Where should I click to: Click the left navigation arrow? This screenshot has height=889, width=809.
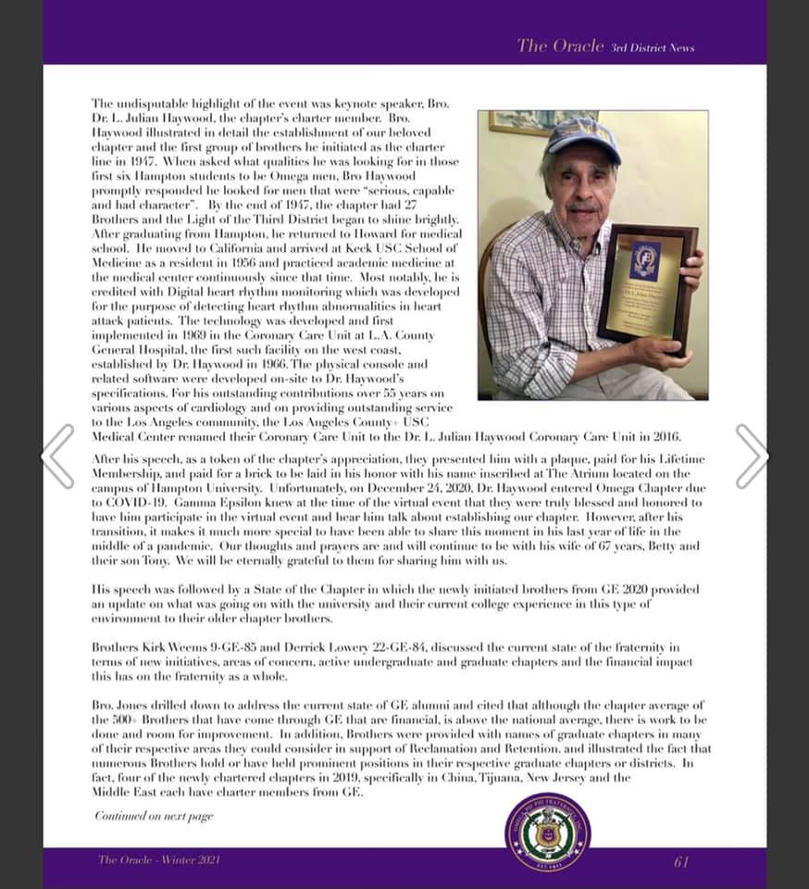pyautogui.click(x=57, y=456)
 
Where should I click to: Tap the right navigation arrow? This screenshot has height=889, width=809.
pyautogui.click(x=751, y=456)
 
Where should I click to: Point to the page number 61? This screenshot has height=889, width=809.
pyautogui.click(x=681, y=861)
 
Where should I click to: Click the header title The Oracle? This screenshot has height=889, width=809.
pyautogui.click(x=560, y=45)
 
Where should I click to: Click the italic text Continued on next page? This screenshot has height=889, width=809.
pyautogui.click(x=154, y=816)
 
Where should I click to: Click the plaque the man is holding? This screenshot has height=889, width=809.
pyautogui.click(x=647, y=285)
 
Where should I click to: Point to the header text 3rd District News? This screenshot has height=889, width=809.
pyautogui.click(x=653, y=47)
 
